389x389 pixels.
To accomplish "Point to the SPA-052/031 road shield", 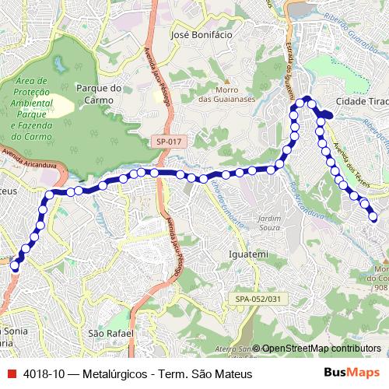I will point(258,298).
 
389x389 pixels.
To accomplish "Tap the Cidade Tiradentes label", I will point(362,101).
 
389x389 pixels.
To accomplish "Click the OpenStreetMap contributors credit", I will point(321,349).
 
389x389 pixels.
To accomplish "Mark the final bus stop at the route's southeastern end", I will point(374,216).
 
